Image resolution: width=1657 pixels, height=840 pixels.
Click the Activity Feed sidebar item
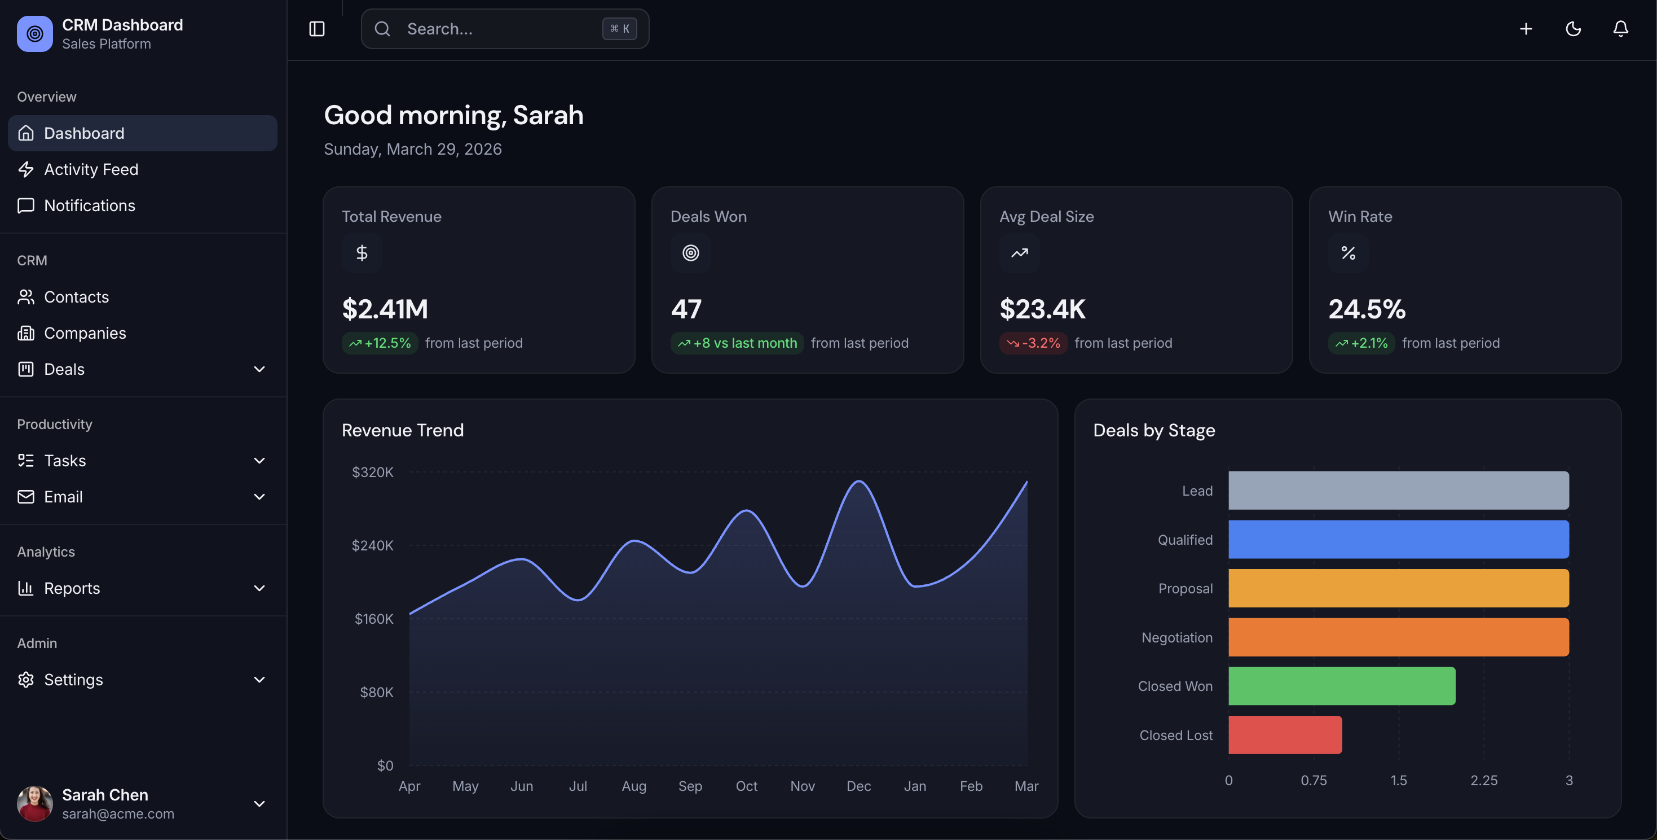91,169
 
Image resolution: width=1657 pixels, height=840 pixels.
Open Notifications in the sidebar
90,205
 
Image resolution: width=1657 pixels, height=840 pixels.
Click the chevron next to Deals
259,369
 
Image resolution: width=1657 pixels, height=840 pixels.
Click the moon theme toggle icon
1574,29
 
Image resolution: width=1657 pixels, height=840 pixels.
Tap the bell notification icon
1620,29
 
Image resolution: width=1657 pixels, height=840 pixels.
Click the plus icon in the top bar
1526,29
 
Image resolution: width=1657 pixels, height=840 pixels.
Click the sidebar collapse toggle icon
317,29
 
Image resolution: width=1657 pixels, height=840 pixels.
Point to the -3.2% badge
1033,343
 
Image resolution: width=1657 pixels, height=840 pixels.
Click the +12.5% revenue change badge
380,343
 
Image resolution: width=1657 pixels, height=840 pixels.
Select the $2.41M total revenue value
385,309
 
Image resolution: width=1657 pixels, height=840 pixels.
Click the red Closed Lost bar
1285,735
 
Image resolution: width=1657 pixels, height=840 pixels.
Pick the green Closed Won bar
1341,686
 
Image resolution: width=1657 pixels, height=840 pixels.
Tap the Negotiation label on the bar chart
1176,637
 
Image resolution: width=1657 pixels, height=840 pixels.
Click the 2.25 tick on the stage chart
1483,781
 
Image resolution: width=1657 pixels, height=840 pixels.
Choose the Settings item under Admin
73,680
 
